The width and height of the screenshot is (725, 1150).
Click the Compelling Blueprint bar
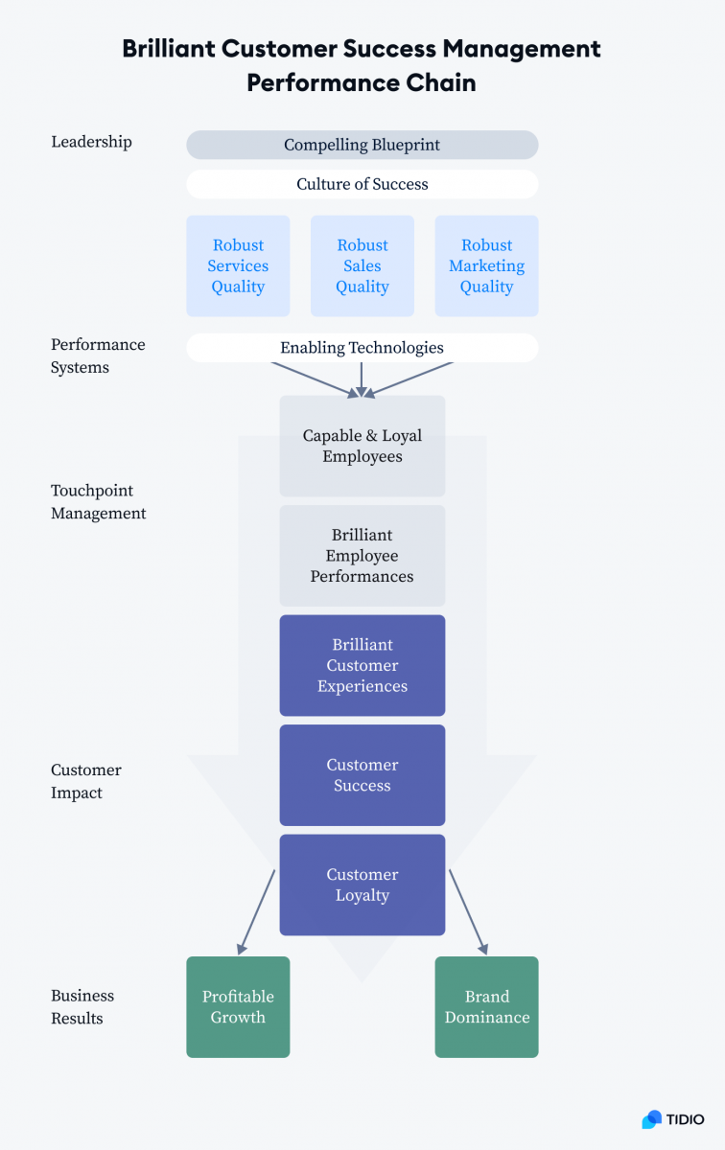pyautogui.click(x=362, y=145)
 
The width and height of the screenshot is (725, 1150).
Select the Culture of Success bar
pyautogui.click(x=362, y=184)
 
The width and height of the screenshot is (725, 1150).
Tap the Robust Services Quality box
pyautogui.click(x=238, y=265)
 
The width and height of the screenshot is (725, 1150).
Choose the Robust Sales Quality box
pyautogui.click(x=362, y=265)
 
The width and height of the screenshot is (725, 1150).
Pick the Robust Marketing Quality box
pyautogui.click(x=486, y=265)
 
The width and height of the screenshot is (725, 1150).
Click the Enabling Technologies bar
pyautogui.click(x=362, y=348)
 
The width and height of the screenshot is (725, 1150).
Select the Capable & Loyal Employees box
pyautogui.click(x=362, y=446)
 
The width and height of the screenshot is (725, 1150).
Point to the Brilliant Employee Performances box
pyautogui.click(x=362, y=556)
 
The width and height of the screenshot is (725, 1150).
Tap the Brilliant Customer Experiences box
pyautogui.click(x=362, y=665)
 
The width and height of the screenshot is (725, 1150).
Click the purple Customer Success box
pyautogui.click(x=362, y=775)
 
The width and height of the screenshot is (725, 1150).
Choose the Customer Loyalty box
pyautogui.click(x=362, y=885)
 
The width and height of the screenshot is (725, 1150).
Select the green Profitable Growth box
pyautogui.click(x=238, y=1007)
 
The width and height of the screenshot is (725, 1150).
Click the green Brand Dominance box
pyautogui.click(x=486, y=1007)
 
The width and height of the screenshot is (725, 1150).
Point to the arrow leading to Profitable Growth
pyautogui.click(x=256, y=911)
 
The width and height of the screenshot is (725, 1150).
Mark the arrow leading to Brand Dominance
pyautogui.click(x=468, y=911)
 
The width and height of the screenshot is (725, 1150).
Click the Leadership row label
pyautogui.click(x=91, y=142)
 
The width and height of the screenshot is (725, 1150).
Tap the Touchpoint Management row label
pyautogui.click(x=98, y=501)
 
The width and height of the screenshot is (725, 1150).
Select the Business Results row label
pyautogui.click(x=82, y=1007)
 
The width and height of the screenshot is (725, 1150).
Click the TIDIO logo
pyautogui.click(x=673, y=1119)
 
